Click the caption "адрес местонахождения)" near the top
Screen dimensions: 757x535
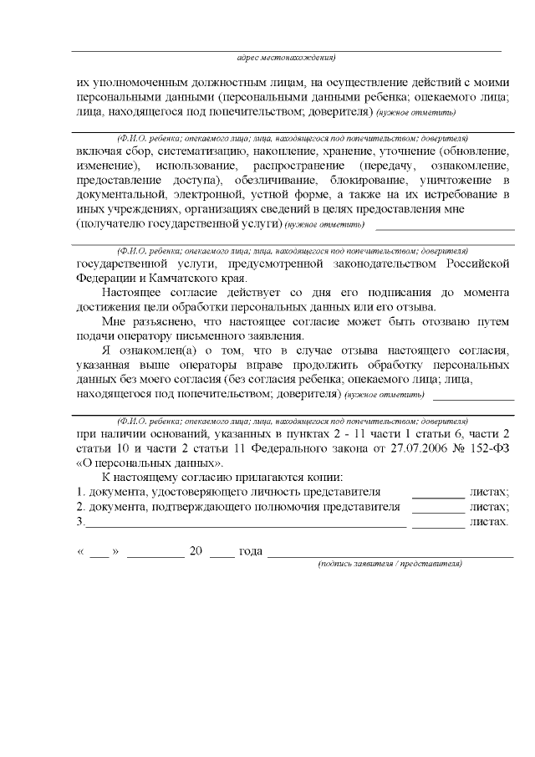(286, 59)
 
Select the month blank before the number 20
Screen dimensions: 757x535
(156, 554)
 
